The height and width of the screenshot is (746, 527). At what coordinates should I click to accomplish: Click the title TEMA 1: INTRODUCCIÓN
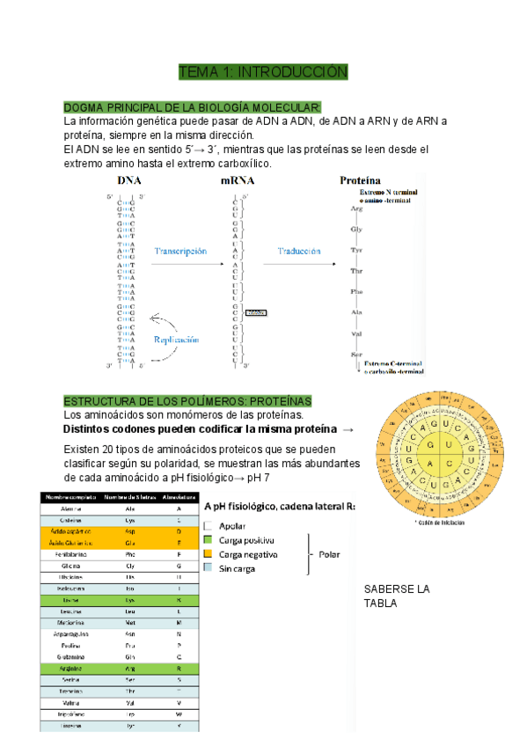click(x=263, y=71)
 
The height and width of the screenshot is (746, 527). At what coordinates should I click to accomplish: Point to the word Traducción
click(x=300, y=251)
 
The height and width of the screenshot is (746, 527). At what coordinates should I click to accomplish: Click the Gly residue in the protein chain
click(x=356, y=230)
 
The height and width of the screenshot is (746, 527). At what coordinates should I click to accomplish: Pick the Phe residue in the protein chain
click(x=356, y=291)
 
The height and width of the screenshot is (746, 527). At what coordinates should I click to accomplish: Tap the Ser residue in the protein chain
click(x=356, y=353)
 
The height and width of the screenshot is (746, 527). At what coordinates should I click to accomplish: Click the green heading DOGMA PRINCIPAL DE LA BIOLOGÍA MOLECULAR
click(x=193, y=106)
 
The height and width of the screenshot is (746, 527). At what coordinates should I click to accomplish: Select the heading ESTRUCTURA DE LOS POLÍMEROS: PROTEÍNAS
click(x=187, y=401)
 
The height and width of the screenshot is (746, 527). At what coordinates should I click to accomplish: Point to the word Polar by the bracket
click(x=329, y=554)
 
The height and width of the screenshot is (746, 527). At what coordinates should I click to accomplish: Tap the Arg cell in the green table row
click(x=129, y=669)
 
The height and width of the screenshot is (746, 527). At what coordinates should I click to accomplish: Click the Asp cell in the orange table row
click(x=129, y=532)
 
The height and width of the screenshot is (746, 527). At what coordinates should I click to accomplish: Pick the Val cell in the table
click(x=129, y=703)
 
